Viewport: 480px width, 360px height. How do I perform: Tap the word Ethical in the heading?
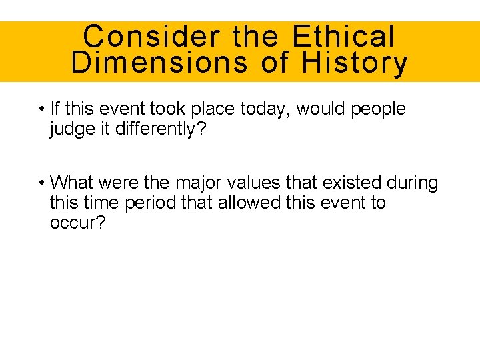click(x=343, y=36)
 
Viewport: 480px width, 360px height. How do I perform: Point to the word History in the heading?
click(x=354, y=63)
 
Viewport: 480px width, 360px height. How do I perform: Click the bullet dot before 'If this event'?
click(x=41, y=109)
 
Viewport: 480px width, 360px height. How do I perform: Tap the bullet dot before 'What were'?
click(x=41, y=183)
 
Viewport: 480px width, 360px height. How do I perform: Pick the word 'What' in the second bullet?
click(x=72, y=182)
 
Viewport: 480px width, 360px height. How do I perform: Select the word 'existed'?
click(x=354, y=182)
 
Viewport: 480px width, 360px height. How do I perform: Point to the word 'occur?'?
click(x=77, y=222)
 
